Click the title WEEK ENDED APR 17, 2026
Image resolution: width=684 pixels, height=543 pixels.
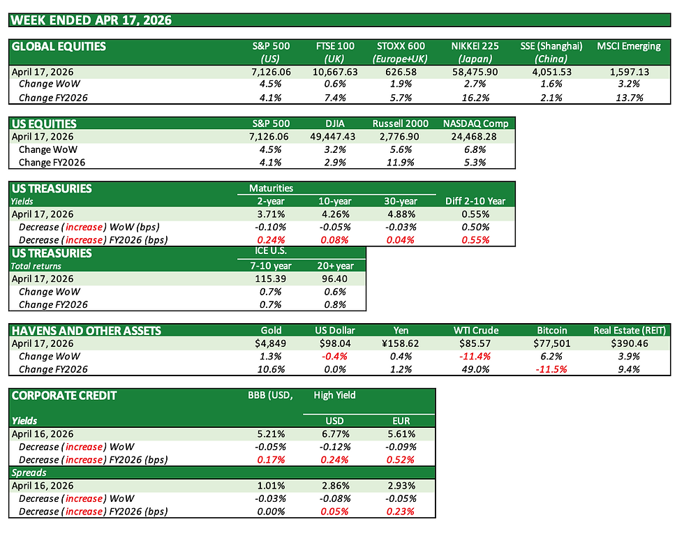point(91,20)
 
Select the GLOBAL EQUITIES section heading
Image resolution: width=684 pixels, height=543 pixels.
point(59,47)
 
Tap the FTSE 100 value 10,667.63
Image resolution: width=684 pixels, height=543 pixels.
point(335,72)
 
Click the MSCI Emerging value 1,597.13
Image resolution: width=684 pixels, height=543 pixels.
point(628,72)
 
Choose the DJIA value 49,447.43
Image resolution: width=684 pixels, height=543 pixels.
point(335,137)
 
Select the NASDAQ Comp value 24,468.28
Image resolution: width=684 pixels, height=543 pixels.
point(476,137)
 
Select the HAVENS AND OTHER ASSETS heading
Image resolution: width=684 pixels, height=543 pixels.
point(87,331)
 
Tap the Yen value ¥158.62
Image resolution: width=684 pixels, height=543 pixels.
point(406,344)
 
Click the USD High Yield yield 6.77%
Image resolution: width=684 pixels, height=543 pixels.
point(335,433)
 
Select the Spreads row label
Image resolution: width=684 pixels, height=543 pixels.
point(30,473)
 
